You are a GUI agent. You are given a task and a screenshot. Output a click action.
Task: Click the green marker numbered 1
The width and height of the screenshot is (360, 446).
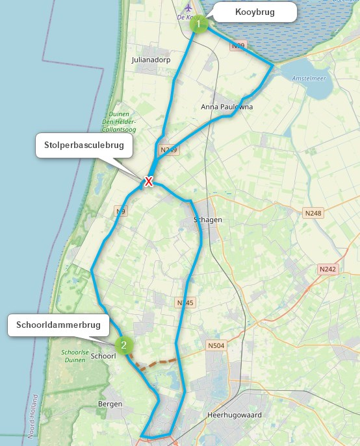(x=199, y=24)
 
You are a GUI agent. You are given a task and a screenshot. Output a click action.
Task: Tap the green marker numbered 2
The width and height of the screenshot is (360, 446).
(x=123, y=345)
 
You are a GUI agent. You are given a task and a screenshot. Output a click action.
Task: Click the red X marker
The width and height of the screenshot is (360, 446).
(x=149, y=181)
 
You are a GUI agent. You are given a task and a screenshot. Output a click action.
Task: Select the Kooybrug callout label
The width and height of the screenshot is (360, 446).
(x=255, y=12)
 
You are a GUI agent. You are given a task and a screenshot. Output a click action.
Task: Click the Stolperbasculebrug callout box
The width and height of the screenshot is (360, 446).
(x=84, y=145)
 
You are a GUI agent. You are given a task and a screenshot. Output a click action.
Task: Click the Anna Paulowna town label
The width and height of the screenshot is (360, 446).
(x=227, y=106)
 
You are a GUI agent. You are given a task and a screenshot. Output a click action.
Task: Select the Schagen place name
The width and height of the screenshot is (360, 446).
(x=208, y=219)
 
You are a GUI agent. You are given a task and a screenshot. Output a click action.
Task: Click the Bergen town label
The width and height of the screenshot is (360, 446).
(x=110, y=404)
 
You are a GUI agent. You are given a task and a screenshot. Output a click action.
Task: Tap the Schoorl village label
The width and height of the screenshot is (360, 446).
(x=103, y=356)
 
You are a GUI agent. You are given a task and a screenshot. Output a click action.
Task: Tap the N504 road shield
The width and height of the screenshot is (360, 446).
(x=216, y=345)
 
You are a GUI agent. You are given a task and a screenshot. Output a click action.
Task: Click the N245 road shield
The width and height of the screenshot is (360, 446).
(x=185, y=303)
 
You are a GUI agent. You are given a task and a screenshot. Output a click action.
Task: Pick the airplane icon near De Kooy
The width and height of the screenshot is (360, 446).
(x=188, y=8)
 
